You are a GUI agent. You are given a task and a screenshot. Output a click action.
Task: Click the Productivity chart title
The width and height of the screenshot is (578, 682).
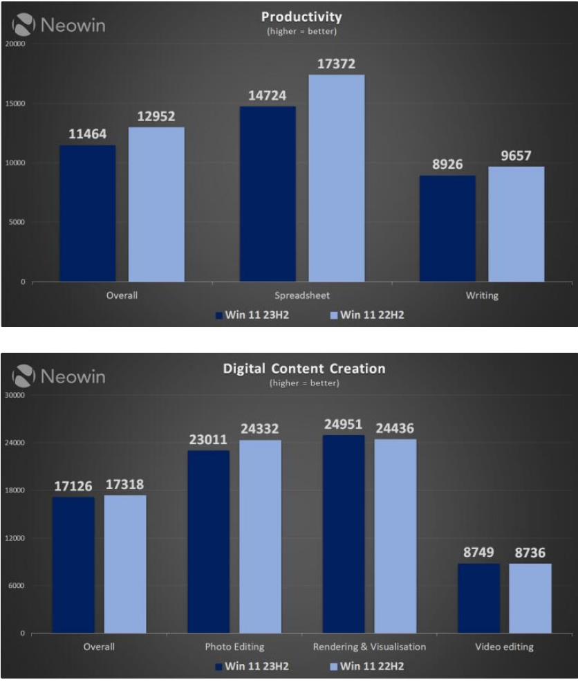(301, 17)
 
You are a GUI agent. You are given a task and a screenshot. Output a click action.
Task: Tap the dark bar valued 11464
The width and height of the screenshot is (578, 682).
(87, 213)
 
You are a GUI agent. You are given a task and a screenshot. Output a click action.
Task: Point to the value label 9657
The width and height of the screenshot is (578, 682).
(516, 156)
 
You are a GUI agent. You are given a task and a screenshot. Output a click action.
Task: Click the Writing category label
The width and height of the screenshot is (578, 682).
(481, 295)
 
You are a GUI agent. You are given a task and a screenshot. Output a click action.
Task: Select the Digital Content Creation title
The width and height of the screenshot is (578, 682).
(304, 369)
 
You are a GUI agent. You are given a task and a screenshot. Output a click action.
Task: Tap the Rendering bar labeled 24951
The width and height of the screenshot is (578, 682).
(344, 533)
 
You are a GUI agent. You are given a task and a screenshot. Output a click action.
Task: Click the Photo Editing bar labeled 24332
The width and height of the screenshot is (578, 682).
(261, 536)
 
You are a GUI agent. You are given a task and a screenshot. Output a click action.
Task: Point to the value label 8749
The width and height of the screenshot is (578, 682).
(478, 553)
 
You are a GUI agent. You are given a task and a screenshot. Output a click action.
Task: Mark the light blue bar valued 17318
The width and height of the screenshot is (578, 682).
(125, 564)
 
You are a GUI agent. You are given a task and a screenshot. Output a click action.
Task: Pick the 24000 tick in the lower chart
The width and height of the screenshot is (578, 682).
(15, 443)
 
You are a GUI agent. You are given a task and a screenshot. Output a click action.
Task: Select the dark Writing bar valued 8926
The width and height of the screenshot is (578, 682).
(447, 228)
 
